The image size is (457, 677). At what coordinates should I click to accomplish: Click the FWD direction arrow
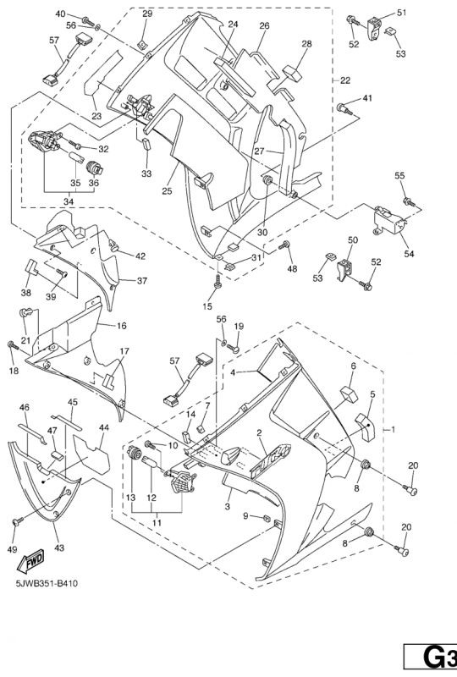click(30, 562)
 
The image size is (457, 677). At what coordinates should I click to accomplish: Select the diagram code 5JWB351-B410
click(47, 584)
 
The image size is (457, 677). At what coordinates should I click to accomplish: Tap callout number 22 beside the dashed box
click(345, 80)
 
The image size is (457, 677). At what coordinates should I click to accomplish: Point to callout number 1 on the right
click(393, 429)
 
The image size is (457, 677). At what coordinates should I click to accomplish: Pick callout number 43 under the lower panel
click(59, 548)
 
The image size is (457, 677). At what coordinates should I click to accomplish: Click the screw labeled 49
click(18, 521)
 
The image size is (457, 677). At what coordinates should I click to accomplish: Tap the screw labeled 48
click(284, 246)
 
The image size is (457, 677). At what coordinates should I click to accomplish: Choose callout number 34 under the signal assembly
click(69, 201)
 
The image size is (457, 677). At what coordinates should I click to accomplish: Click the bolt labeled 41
click(344, 108)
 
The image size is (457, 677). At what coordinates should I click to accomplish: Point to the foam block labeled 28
click(293, 74)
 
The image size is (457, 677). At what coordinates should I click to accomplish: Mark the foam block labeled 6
click(350, 394)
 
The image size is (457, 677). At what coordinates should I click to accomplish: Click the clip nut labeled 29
click(141, 44)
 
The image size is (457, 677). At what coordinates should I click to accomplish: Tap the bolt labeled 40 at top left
click(88, 19)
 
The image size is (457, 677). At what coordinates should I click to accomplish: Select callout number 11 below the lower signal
click(157, 522)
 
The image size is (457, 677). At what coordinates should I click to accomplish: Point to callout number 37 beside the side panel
click(142, 281)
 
